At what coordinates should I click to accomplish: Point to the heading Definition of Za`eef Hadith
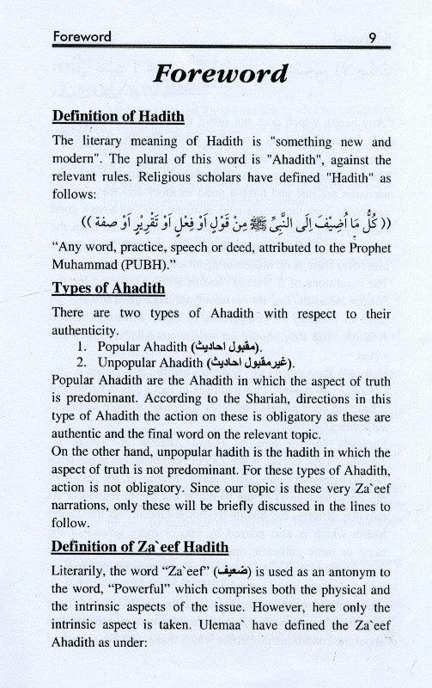140,546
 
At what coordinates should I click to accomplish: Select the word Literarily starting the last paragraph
82,574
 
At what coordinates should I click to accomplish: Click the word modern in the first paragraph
76,159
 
